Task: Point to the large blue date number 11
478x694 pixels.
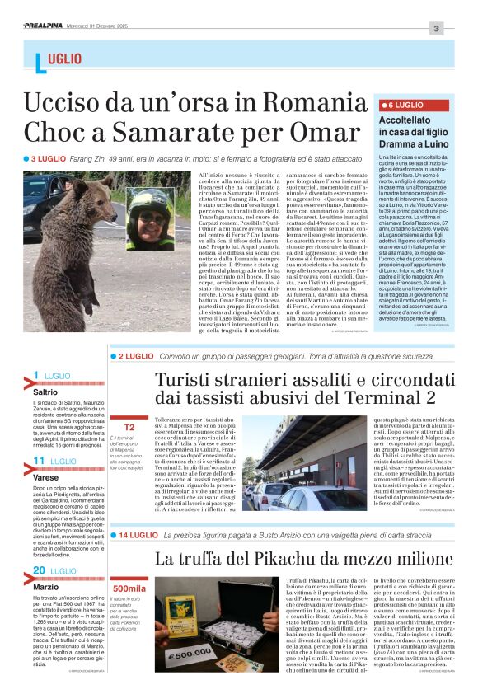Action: pyautogui.click(x=38, y=461)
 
